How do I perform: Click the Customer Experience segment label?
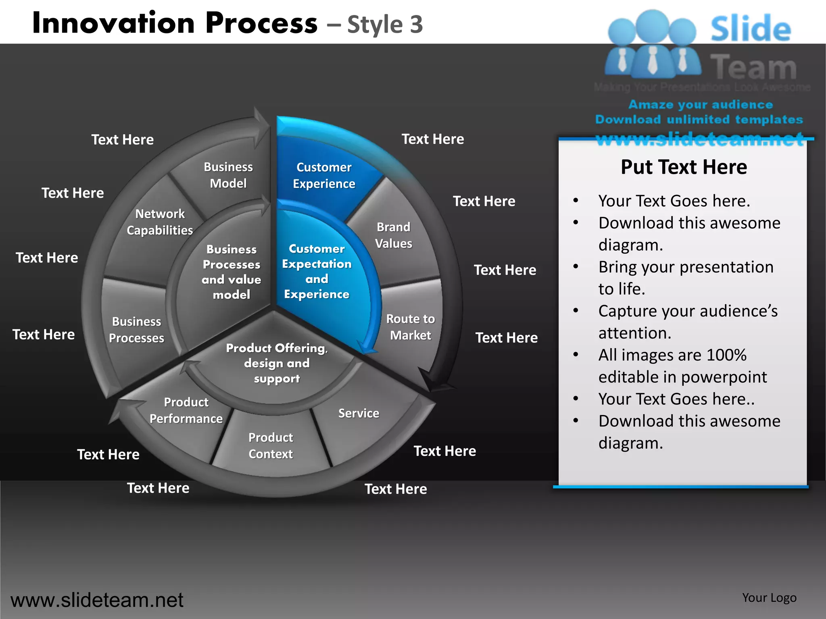click(x=324, y=175)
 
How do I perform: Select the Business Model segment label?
click(x=228, y=175)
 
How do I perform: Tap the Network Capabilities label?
click(x=160, y=222)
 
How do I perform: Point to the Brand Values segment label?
click(x=393, y=235)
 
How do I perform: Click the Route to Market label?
click(x=410, y=327)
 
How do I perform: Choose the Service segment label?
click(x=359, y=413)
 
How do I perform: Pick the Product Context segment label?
click(x=271, y=445)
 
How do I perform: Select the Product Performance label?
click(x=186, y=410)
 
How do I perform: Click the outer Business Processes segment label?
click(x=136, y=329)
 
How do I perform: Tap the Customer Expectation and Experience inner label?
click(x=317, y=271)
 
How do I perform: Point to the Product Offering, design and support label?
click(x=277, y=363)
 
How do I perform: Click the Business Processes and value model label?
click(x=232, y=272)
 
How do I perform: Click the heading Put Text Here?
click(x=684, y=167)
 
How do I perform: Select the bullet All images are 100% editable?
click(x=682, y=366)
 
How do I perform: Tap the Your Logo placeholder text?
click(x=769, y=598)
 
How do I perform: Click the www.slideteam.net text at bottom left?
click(x=97, y=600)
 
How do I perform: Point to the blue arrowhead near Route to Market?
click(x=367, y=347)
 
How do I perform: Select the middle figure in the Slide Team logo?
click(x=653, y=44)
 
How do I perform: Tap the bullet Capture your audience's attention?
click(x=688, y=322)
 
